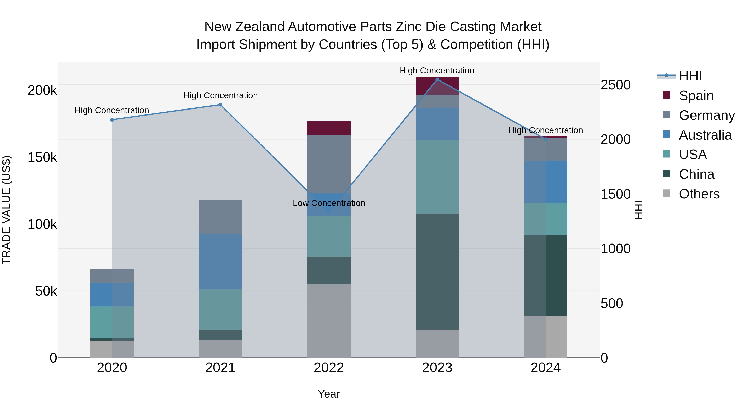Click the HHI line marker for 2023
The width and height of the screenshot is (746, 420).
(437, 79)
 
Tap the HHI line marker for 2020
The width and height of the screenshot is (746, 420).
(112, 120)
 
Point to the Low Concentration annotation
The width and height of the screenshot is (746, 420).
(329, 203)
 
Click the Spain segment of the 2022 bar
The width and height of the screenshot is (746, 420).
(329, 128)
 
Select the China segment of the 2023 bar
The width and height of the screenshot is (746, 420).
(437, 271)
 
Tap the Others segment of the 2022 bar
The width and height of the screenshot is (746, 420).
(329, 321)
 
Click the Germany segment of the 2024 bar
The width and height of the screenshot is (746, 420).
(546, 150)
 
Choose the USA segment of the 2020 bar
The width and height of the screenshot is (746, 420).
(112, 322)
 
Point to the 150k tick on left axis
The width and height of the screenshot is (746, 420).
(42, 157)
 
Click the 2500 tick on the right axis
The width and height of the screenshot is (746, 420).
(615, 85)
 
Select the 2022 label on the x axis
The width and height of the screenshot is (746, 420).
(329, 368)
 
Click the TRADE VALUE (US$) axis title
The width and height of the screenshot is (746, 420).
(6, 210)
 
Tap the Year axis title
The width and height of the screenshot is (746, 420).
(329, 394)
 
